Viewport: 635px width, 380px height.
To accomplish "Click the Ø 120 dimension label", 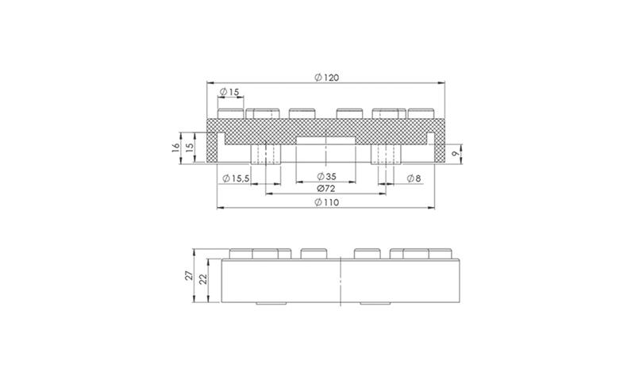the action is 326,77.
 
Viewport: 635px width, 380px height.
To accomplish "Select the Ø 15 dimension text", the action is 229,92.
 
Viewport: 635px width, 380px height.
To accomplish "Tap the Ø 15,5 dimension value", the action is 236,178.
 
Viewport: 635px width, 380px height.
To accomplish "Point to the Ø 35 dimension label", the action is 326,176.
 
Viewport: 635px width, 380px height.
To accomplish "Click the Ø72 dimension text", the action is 326,188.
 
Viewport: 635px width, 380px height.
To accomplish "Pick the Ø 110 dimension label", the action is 326,202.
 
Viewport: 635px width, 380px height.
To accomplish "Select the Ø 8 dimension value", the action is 414,178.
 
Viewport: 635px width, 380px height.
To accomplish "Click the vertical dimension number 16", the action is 175,148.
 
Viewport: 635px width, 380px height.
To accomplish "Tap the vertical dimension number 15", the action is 189,148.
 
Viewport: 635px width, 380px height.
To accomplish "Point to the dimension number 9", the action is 455,153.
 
